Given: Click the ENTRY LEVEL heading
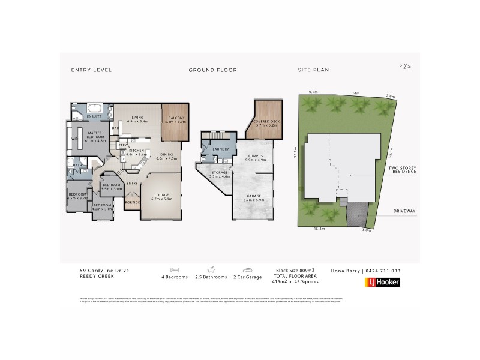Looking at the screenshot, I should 91,70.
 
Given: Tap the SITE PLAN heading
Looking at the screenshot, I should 313,70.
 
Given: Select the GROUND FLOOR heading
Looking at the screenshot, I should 212,70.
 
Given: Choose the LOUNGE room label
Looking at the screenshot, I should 163,195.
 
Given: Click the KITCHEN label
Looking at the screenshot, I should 136,152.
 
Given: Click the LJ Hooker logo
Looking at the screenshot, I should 382,282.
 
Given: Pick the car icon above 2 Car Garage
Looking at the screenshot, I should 247,270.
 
